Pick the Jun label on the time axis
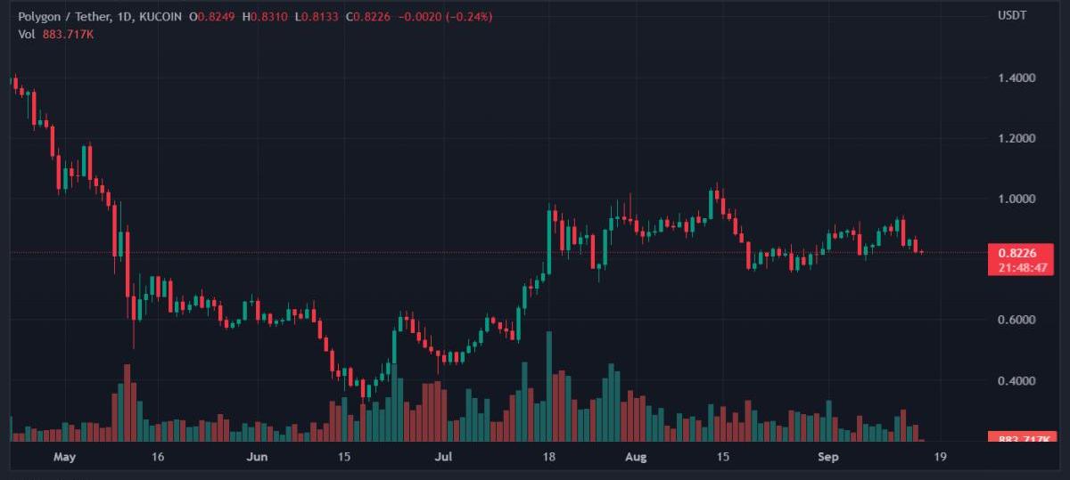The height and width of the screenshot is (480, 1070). click(x=257, y=458)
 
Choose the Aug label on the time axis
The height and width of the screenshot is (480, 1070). click(x=635, y=458)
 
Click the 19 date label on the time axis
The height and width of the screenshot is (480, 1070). click(x=940, y=458)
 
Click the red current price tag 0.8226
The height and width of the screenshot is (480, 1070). click(x=1016, y=253)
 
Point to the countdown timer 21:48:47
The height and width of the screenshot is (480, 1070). click(x=1016, y=267)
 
